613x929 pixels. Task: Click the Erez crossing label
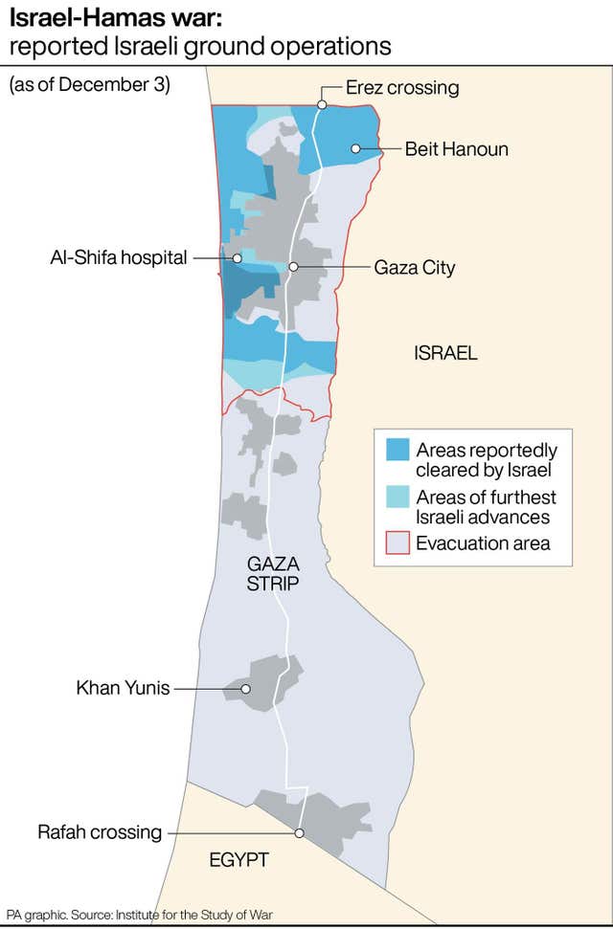tap(402, 88)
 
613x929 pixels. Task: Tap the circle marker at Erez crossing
tap(323, 104)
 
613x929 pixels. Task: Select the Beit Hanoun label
tap(456, 149)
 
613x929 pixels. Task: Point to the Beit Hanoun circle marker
tap(355, 148)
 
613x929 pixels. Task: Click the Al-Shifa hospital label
tap(119, 257)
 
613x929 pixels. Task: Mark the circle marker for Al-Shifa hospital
tap(236, 257)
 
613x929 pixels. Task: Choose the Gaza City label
tap(414, 268)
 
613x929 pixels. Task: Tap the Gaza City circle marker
tap(294, 267)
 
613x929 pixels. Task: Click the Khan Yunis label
tap(123, 688)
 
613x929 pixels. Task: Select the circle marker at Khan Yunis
tap(246, 689)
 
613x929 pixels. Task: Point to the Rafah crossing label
tap(100, 831)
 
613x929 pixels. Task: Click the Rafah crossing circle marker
tap(300, 833)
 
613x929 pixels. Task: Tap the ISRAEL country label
tap(445, 353)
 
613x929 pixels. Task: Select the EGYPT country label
tap(238, 861)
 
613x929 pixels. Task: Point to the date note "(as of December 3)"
tap(89, 84)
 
